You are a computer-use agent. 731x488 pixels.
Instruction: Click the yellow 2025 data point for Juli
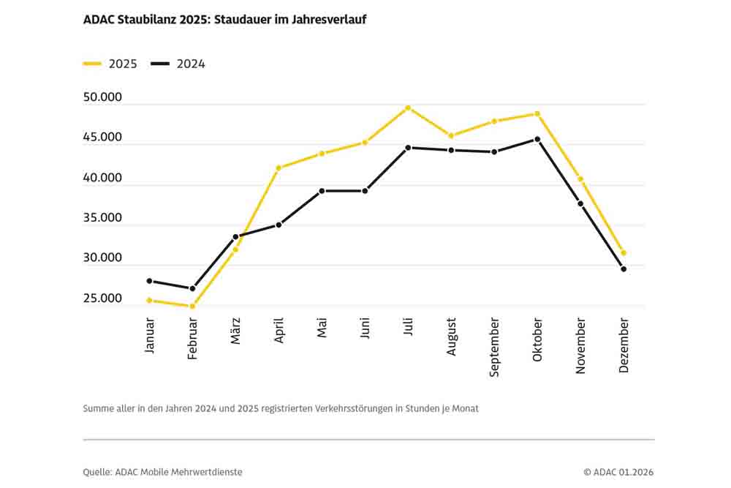pyautogui.click(x=408, y=108)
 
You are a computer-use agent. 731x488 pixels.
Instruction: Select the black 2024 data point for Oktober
pyautogui.click(x=537, y=139)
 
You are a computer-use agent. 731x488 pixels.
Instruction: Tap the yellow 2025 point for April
pyautogui.click(x=279, y=168)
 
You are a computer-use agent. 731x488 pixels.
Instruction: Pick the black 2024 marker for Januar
pyautogui.click(x=149, y=281)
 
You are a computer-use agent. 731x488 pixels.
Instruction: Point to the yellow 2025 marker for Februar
pyautogui.click(x=192, y=306)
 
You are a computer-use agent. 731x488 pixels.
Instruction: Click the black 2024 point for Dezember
pyautogui.click(x=624, y=269)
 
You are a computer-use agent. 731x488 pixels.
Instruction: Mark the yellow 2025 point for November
pyautogui.click(x=580, y=179)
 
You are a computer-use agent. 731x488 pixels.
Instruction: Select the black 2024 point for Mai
pyautogui.click(x=322, y=191)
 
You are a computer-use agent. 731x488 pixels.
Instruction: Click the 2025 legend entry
pyautogui.click(x=110, y=64)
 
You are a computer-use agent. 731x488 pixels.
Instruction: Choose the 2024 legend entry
pyautogui.click(x=178, y=64)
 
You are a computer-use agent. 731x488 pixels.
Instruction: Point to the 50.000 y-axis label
pyautogui.click(x=102, y=98)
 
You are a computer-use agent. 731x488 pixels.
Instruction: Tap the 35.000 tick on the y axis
pyautogui.click(x=102, y=218)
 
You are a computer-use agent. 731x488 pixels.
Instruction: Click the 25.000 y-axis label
pyautogui.click(x=102, y=299)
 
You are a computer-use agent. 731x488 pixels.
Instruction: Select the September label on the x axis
pyautogui.click(x=495, y=347)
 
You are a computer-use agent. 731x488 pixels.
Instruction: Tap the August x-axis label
pyautogui.click(x=452, y=337)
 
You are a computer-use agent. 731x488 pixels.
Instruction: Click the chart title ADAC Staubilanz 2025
pyautogui.click(x=224, y=20)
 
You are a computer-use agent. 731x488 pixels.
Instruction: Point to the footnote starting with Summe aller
pyautogui.click(x=281, y=408)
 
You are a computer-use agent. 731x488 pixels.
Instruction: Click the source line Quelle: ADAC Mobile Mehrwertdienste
pyautogui.click(x=162, y=472)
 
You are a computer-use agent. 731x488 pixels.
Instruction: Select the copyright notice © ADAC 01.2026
pyautogui.click(x=618, y=472)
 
